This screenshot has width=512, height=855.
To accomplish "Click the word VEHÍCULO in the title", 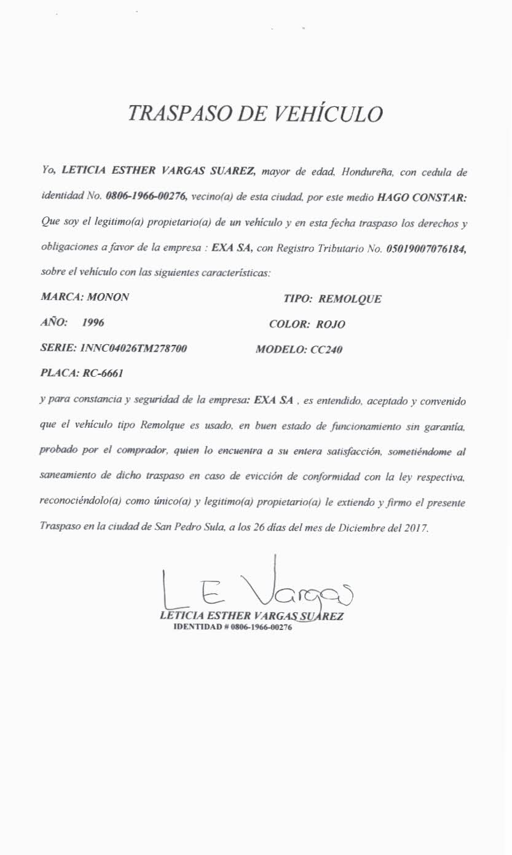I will click(x=328, y=114).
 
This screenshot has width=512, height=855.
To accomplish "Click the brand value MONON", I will click(x=109, y=297).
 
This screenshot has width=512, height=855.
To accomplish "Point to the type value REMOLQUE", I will click(x=350, y=299).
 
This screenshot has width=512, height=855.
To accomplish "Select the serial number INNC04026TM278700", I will click(x=133, y=349).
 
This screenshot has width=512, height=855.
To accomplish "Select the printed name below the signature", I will click(x=251, y=617).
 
